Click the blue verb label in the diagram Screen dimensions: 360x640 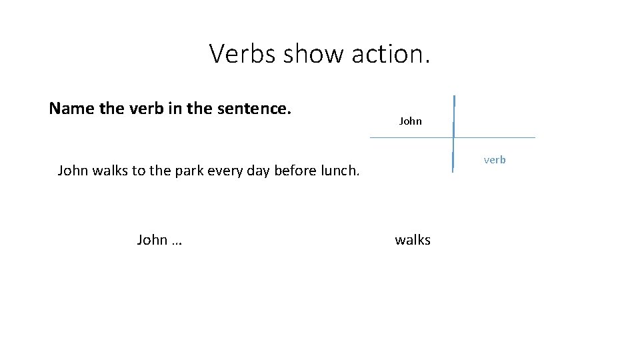pyautogui.click(x=495, y=160)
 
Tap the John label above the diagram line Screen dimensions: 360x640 pyautogui.click(x=411, y=121)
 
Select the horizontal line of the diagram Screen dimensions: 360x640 pyautogui.click(x=493, y=137)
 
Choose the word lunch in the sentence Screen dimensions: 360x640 pyautogui.click(x=339, y=170)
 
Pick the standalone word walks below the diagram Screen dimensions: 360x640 pyautogui.click(x=413, y=240)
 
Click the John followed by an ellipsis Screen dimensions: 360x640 pyautogui.click(x=153, y=240)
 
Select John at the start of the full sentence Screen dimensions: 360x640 pyautogui.click(x=73, y=170)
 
